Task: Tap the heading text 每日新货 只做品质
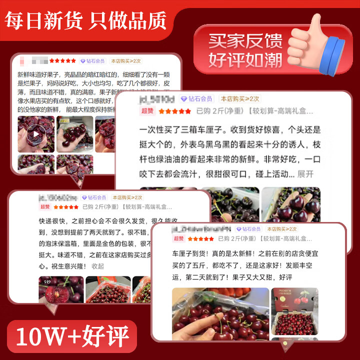point(85,20)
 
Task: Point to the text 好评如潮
point(245,60)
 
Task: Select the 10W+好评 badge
point(72,335)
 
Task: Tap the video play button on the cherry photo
point(36,134)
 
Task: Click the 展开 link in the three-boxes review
point(305,174)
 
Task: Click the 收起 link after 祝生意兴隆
point(98,266)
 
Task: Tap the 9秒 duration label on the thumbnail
point(48,282)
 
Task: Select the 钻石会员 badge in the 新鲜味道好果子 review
point(93,61)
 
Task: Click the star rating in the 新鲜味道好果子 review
point(62,61)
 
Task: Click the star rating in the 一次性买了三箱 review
point(174,111)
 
